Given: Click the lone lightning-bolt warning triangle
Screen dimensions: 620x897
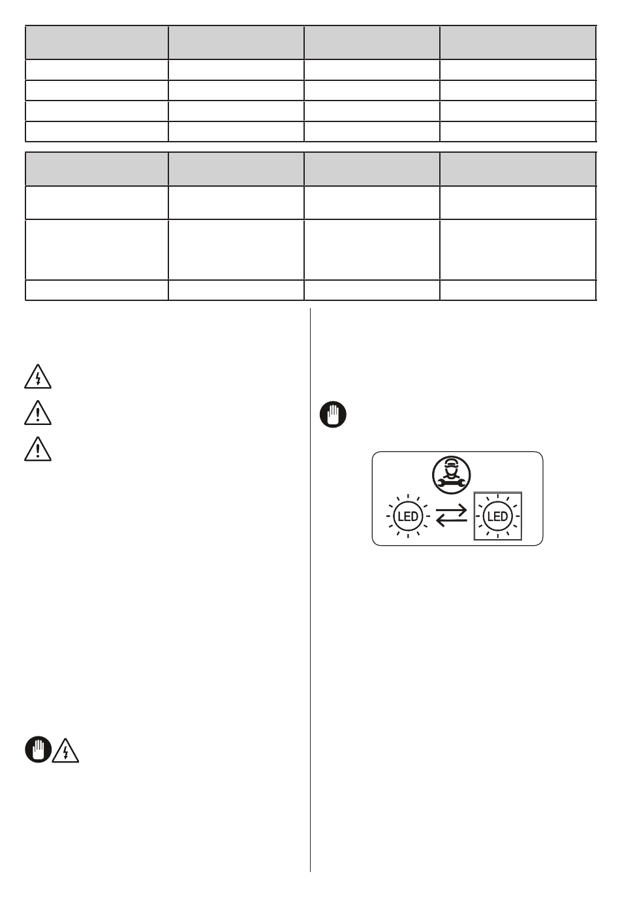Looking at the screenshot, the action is click(37, 378).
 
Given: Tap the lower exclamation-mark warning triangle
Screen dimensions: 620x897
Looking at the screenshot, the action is click(37, 449).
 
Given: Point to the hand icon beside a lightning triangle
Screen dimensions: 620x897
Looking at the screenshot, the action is click(39, 749).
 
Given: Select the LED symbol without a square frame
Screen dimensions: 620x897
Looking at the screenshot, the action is click(408, 516).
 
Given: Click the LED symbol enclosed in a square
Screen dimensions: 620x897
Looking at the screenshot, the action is click(497, 516).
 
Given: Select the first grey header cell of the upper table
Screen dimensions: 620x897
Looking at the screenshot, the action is click(97, 43).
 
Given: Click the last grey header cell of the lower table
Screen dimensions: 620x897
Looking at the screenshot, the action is click(518, 169).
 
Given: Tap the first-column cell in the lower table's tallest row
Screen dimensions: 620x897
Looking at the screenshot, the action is click(97, 249).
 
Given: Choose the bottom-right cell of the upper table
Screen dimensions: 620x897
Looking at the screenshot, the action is click(518, 131).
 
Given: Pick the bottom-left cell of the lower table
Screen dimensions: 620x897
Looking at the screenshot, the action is click(97, 290).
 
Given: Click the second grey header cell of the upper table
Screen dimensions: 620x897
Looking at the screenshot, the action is click(236, 43).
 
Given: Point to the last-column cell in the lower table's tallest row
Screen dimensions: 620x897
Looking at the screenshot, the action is click(518, 249).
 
